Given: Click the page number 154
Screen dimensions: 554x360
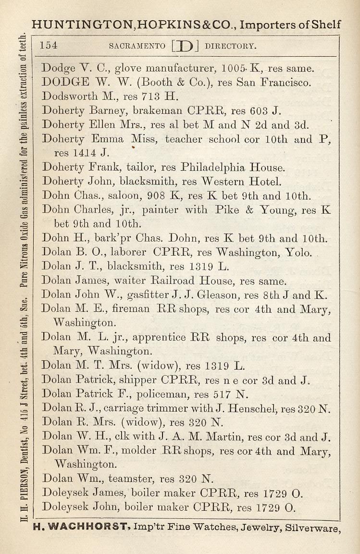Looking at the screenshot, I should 49,46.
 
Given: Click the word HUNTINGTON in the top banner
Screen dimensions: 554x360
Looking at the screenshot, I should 79,25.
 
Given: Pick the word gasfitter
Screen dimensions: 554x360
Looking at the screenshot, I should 137,295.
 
